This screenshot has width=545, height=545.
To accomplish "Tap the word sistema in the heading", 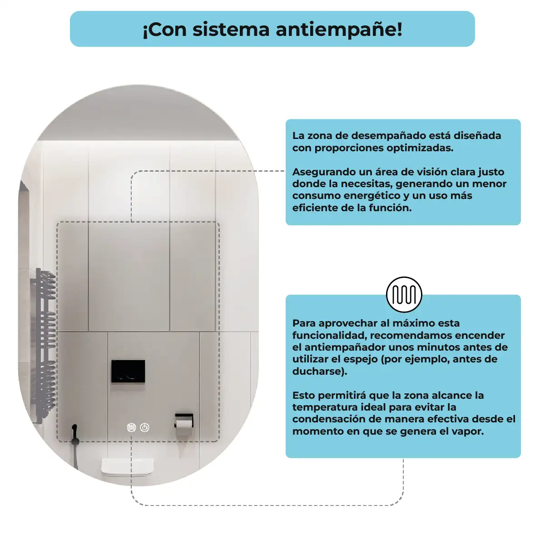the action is point(231,30).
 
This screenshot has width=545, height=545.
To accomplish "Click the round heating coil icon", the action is point(404,294).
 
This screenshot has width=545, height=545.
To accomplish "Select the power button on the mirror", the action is point(145,427).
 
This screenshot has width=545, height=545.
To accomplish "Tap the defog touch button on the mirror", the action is point(131,427).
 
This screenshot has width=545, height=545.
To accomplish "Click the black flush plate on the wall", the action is point(128,372).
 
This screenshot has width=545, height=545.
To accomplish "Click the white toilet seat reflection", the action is point(127,467).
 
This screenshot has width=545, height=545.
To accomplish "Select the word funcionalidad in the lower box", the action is point(329,336).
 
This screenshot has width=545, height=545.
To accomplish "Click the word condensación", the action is point(327,420).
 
